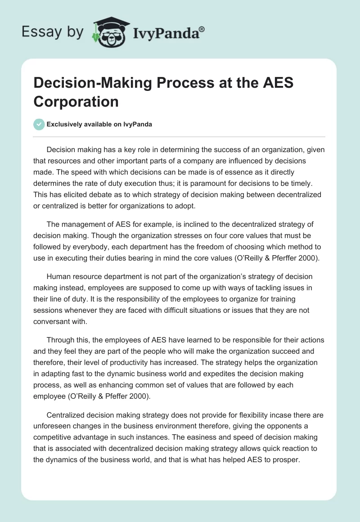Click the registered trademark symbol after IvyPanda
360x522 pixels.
tap(202, 29)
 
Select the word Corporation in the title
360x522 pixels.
tap(76, 102)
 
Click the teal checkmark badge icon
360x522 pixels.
tap(39, 124)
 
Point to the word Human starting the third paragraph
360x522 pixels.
tap(58, 276)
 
